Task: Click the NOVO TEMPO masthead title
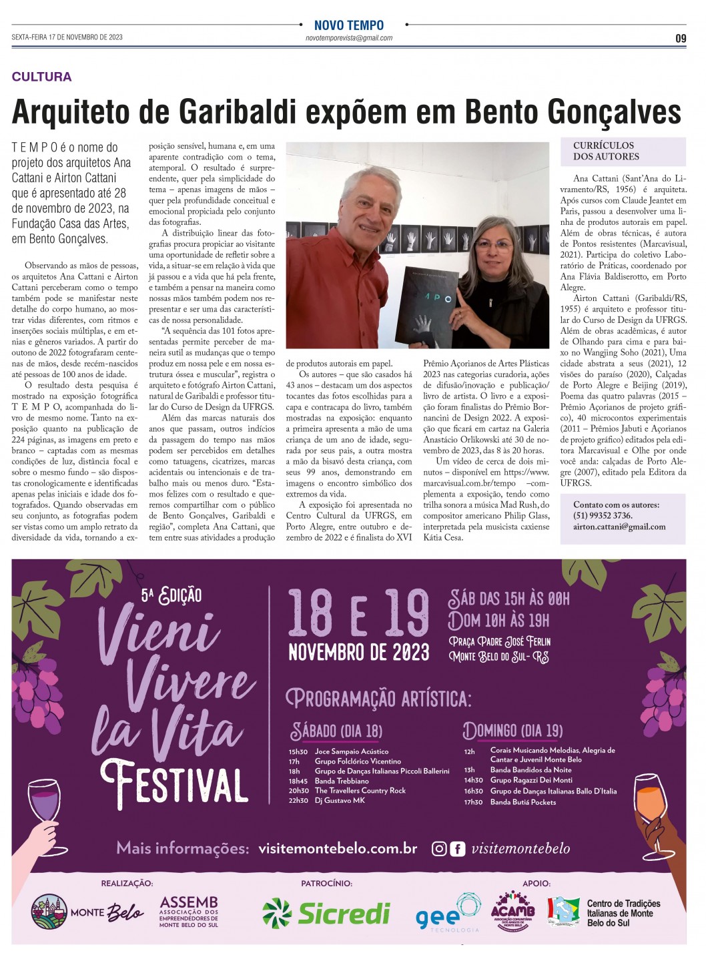[348, 25]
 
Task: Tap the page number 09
[680, 39]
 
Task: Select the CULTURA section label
[41, 77]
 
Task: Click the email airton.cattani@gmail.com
[619, 527]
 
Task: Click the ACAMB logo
[512, 911]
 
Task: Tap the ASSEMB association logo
[189, 912]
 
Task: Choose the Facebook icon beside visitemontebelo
[457, 849]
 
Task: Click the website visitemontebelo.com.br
[338, 848]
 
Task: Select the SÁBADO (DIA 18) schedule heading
[336, 731]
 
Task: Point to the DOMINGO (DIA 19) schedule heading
[512, 730]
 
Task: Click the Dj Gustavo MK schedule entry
[340, 800]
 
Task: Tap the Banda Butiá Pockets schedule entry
[522, 802]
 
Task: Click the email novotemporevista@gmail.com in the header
[348, 38]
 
